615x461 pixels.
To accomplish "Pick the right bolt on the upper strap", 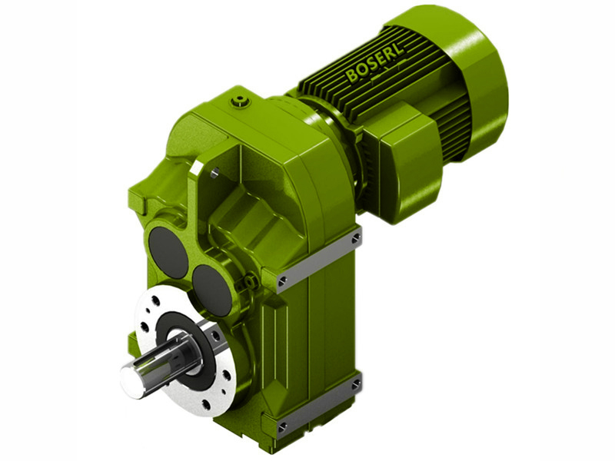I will point(355,239).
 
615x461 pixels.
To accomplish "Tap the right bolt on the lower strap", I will point(355,384).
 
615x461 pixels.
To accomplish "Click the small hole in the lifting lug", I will point(215,174).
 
